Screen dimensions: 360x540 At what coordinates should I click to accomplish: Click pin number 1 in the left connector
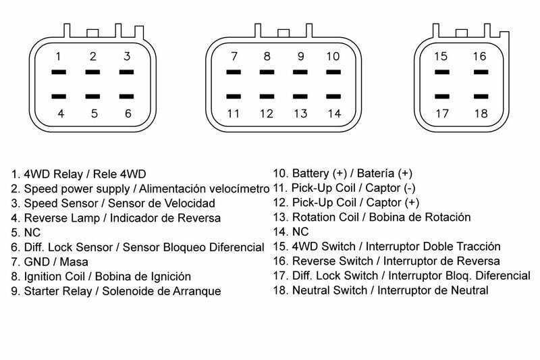59,57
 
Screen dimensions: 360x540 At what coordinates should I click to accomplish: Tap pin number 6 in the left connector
128,113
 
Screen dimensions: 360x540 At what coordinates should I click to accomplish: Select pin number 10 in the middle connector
333,57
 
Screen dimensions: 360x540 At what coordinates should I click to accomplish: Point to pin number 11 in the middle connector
234,113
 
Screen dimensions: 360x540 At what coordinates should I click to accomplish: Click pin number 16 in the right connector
479,57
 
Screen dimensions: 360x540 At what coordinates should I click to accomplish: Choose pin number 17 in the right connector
441,113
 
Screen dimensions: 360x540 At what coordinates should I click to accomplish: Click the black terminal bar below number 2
93,72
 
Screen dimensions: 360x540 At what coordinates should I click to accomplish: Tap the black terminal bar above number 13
300,97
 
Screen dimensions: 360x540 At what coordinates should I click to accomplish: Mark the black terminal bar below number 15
441,72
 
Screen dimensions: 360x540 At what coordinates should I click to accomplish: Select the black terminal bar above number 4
59,97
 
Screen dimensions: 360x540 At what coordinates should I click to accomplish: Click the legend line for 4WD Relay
78,174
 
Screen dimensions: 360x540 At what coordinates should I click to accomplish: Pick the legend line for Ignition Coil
101,276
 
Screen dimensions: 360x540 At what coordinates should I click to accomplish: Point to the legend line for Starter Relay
115,292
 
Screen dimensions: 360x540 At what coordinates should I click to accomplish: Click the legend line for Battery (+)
342,174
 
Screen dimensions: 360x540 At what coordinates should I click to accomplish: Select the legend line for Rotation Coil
372,217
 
